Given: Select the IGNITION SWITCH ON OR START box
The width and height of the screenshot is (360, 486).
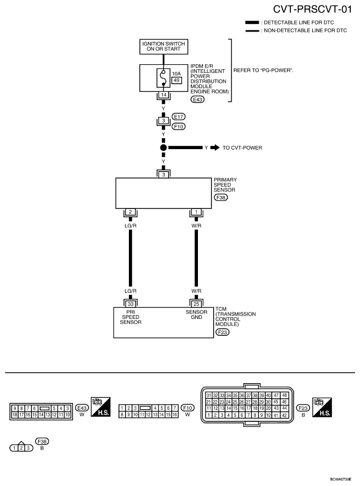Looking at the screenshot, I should (x=164, y=47).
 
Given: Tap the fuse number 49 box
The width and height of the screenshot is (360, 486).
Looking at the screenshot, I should (x=177, y=80).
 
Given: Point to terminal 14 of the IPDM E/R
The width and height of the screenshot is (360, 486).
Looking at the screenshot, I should (x=164, y=95).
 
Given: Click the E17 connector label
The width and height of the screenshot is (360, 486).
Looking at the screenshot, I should (x=178, y=117).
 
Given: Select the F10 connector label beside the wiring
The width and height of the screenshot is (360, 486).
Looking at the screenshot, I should (x=178, y=126).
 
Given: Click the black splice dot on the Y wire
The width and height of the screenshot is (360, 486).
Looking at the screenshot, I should (x=164, y=147).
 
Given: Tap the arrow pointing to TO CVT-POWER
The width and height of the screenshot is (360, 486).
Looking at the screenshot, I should (x=215, y=147).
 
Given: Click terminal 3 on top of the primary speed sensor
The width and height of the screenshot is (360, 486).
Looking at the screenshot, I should (x=164, y=174).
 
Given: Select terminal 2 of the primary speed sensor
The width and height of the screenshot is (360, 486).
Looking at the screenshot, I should (x=131, y=212).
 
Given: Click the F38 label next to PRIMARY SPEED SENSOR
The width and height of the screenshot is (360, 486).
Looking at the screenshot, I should (x=221, y=198).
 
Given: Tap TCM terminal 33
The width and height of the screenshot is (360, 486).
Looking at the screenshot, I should (x=131, y=303).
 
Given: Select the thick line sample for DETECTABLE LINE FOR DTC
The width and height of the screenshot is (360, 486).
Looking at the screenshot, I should (x=252, y=22).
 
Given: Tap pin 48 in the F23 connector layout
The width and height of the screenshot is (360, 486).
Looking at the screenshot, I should (x=284, y=395).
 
